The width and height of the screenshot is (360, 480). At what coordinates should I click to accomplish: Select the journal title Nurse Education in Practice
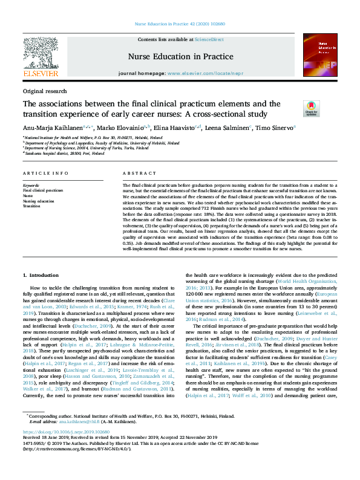180,56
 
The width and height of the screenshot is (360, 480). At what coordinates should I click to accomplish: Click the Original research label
45,91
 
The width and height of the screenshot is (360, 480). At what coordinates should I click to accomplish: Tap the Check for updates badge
311,109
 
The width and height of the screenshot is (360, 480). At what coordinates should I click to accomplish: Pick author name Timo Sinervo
275,128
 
